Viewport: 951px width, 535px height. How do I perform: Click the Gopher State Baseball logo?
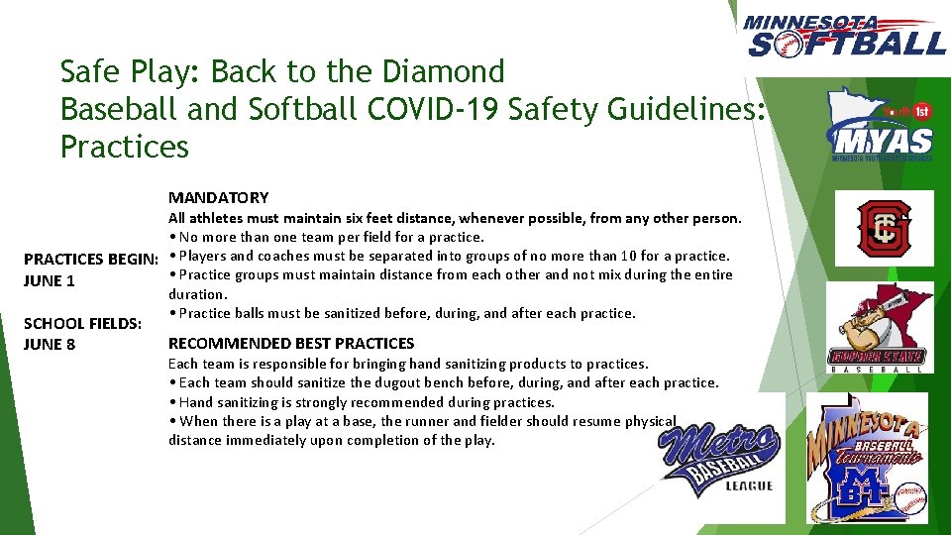pos(877,331)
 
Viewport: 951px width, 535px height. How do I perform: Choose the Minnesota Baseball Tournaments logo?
pos(867,458)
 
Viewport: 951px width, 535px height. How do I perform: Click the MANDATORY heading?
pos(218,198)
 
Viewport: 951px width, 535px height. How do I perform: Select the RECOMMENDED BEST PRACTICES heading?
pos(291,344)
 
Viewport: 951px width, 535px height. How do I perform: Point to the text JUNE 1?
pos(50,280)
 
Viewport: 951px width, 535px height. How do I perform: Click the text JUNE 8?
pos(50,344)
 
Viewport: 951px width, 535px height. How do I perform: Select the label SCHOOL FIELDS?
pos(82,323)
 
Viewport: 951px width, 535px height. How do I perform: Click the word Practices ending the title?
pos(124,147)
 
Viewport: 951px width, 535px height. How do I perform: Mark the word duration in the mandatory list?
pos(197,294)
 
